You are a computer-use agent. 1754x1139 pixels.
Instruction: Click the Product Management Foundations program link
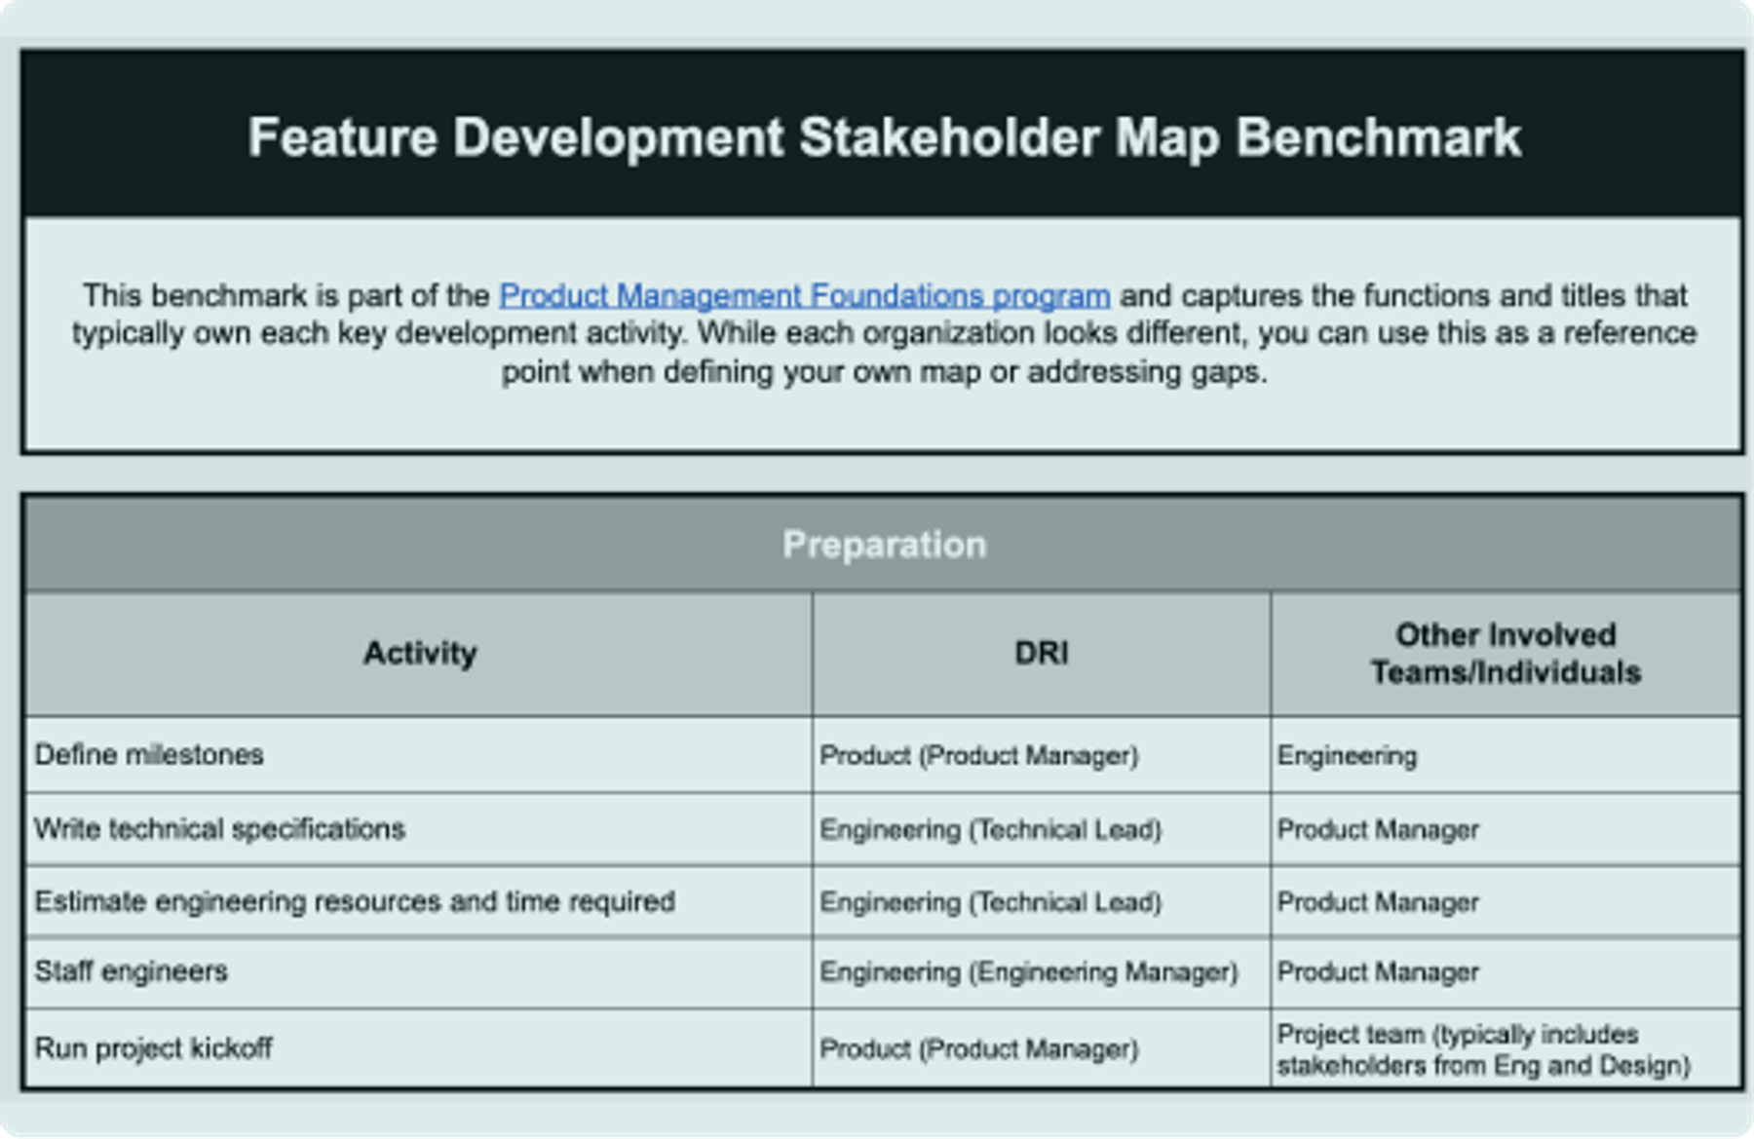tap(804, 295)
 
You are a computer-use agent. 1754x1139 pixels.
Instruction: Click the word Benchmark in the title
tap(1378, 137)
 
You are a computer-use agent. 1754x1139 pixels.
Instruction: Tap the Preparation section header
tap(884, 544)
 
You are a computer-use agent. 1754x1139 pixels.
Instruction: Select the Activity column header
tap(419, 653)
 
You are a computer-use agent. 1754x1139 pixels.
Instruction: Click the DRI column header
tap(1041, 653)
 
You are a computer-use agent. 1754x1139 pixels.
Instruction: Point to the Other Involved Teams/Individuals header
tap(1506, 653)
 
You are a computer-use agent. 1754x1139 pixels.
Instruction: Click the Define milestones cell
tap(149, 755)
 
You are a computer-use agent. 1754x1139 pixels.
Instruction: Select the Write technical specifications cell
tap(219, 829)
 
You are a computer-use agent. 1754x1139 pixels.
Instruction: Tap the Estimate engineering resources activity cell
tap(355, 901)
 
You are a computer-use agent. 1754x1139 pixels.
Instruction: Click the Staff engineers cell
tap(131, 971)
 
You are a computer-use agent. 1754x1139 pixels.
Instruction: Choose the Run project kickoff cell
tap(153, 1048)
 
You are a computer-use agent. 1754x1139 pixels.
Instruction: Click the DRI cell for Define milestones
tap(978, 755)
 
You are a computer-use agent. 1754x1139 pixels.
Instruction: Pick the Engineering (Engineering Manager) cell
tap(1028, 971)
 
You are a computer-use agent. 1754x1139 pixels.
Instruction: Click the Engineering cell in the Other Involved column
tap(1347, 755)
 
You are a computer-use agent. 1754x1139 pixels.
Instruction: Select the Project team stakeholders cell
tap(1482, 1049)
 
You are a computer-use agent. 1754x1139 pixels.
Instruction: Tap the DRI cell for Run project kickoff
tap(978, 1049)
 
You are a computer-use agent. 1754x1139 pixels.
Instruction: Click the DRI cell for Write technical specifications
tap(990, 829)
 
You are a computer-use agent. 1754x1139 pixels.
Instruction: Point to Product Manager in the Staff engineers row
tap(1377, 971)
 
